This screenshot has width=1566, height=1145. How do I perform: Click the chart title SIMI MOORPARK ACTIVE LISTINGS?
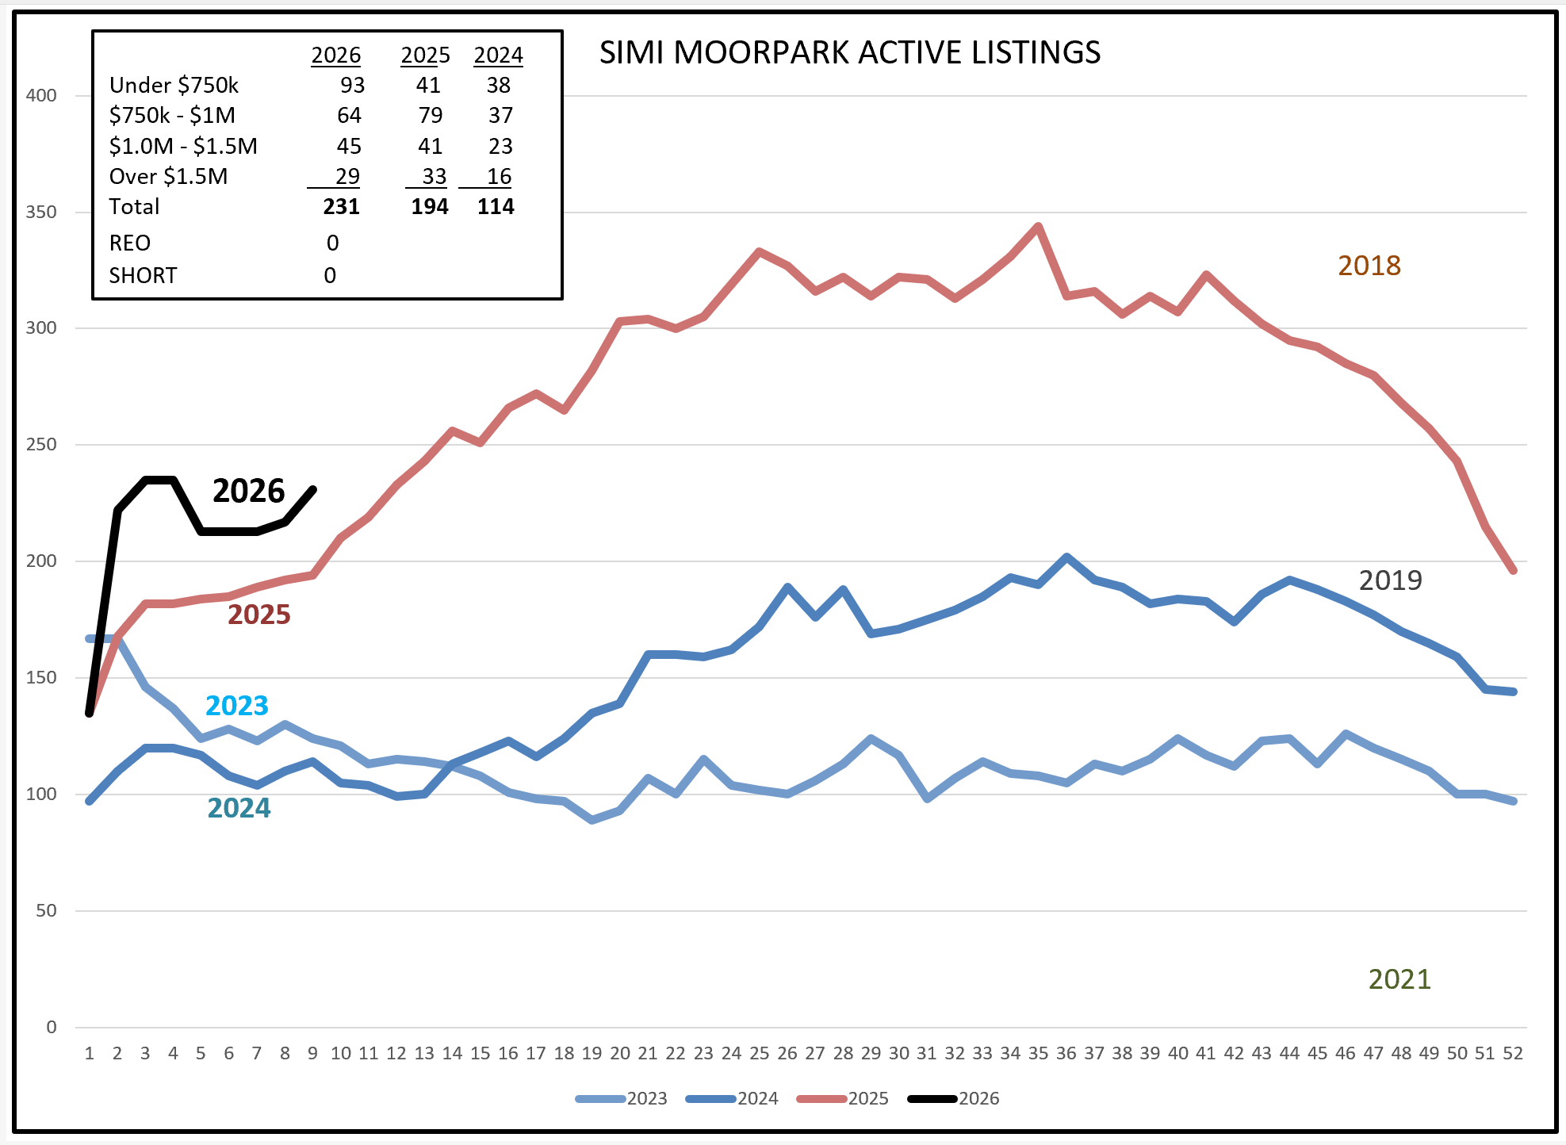(849, 53)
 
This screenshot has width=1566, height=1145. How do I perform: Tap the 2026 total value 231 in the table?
(341, 207)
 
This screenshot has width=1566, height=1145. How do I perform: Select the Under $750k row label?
(174, 85)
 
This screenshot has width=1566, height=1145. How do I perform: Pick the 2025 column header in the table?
(425, 56)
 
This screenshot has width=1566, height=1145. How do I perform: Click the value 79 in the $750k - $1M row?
(430, 116)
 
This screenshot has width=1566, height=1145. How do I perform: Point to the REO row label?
(130, 243)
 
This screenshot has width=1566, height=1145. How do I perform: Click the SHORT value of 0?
(330, 275)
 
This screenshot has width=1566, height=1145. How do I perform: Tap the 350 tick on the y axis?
(41, 212)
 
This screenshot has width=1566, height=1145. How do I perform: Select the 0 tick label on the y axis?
(52, 1027)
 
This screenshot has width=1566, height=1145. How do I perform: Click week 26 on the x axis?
(787, 1053)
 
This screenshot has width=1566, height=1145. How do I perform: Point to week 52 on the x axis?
(1513, 1053)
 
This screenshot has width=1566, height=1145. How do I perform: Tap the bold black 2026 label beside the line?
(248, 491)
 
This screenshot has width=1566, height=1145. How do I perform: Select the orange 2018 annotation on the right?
(1369, 266)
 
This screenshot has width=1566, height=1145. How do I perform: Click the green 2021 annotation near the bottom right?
(1399, 979)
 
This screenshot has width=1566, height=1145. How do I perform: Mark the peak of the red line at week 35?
(1038, 226)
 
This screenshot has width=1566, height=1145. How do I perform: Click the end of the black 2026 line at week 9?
(314, 489)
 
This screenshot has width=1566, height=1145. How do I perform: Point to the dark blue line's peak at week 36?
(1066, 557)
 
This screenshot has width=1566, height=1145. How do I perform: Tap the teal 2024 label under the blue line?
(239, 808)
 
